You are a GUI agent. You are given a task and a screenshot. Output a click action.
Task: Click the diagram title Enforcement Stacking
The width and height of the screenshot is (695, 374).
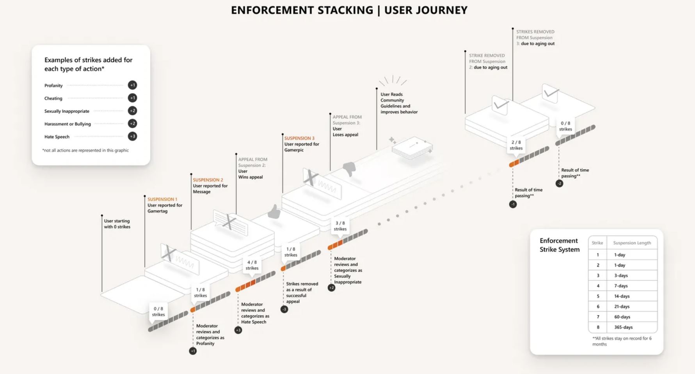[x=349, y=10]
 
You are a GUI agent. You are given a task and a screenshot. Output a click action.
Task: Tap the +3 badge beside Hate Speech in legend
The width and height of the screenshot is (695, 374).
[x=132, y=136]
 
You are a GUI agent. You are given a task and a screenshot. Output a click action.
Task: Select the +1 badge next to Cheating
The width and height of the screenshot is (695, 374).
[x=132, y=98]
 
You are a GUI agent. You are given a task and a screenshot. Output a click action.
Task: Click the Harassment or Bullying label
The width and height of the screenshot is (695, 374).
[x=68, y=124]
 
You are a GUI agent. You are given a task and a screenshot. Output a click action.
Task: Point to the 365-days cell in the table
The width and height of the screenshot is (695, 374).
[x=623, y=327]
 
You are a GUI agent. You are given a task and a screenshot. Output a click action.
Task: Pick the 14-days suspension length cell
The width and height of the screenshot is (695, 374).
[x=622, y=296]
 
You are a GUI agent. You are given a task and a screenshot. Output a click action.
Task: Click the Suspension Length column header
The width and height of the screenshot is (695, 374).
[x=632, y=243]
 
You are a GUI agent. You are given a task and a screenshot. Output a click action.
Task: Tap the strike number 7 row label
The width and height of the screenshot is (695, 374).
[x=597, y=317]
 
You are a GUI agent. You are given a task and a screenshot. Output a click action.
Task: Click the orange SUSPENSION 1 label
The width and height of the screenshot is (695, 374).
[x=162, y=199]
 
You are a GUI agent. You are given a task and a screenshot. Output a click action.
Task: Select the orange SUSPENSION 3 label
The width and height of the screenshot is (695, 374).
[x=299, y=138]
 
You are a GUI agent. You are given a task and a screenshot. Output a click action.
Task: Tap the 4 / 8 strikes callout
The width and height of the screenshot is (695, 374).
[x=252, y=265]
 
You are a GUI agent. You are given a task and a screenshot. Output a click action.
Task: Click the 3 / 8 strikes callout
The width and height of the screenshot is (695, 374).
[x=340, y=226]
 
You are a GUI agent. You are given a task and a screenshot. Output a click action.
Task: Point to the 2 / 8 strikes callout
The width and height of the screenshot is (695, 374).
[x=516, y=145]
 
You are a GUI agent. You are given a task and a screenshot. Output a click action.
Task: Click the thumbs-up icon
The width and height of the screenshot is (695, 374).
[x=274, y=212]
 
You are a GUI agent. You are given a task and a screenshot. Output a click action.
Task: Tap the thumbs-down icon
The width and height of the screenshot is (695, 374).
[x=349, y=169]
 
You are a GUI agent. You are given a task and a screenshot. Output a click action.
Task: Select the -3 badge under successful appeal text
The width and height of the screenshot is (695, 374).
[x=284, y=309]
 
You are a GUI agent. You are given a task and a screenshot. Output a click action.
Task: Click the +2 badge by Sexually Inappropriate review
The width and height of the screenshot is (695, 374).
[x=331, y=288]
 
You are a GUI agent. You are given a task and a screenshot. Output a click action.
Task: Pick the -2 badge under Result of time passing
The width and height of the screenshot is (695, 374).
[x=559, y=183]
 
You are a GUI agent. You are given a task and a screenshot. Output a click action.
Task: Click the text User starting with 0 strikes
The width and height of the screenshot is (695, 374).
[x=117, y=224]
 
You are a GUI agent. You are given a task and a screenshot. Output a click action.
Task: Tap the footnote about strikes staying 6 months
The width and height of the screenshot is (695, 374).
[x=622, y=341]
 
